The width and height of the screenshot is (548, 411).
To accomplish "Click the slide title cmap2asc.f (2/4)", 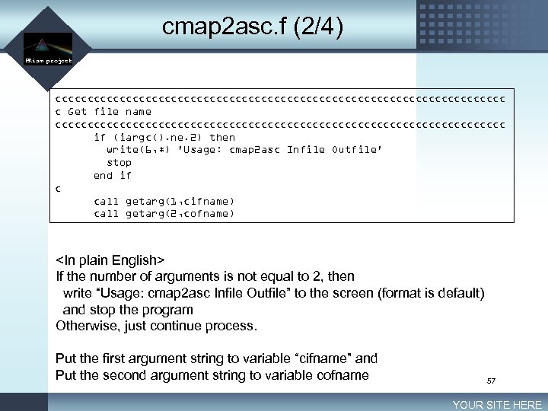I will tap(253, 27).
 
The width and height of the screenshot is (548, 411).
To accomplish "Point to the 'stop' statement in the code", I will tap(119, 163).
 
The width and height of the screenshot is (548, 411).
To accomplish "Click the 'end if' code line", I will tap(113, 176).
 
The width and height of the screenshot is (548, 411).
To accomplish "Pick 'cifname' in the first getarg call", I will tap(207, 201).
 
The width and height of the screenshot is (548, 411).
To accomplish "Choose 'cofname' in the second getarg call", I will tap(207, 214).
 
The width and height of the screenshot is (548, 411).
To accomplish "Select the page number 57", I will tap(491, 380).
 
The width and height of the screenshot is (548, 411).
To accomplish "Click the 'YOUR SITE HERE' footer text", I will tap(497, 405).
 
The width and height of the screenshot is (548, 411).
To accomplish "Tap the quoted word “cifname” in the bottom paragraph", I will tap(319, 358).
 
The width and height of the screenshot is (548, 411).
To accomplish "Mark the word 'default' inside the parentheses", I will tap(456, 293).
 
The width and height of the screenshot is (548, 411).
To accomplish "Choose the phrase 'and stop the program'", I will tap(128, 310).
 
